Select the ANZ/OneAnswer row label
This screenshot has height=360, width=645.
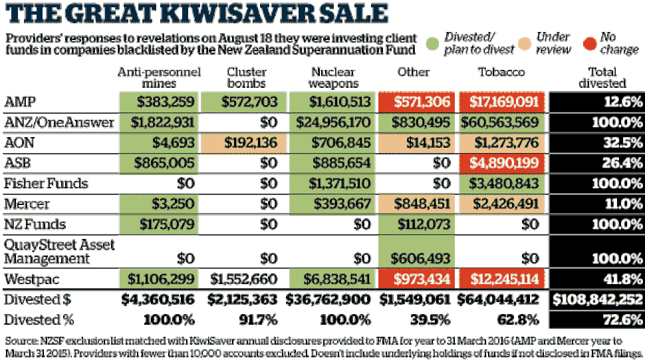59,122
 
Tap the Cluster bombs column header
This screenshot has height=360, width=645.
247,77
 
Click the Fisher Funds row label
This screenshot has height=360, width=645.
46,183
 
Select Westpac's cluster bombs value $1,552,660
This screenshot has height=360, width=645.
243,279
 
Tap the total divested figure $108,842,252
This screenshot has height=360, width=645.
597,299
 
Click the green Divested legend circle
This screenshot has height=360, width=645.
432,43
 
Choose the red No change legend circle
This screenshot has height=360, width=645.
589,43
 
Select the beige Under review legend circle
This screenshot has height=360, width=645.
525,43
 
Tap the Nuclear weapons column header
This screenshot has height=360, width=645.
333,77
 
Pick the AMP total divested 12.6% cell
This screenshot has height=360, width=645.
597,102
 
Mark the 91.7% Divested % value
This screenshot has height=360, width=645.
258,319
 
